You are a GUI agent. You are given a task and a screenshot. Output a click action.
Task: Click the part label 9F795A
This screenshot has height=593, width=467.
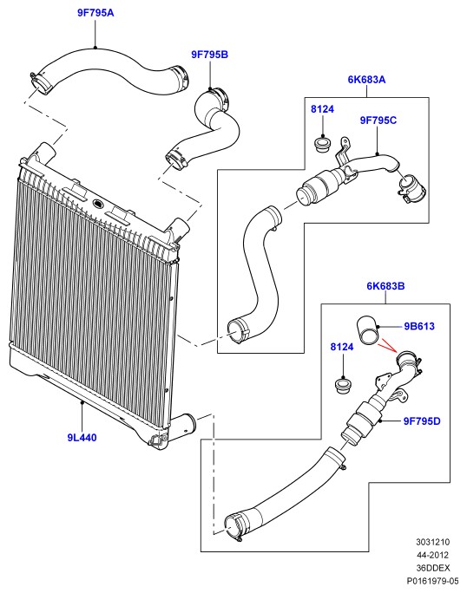point(95,13)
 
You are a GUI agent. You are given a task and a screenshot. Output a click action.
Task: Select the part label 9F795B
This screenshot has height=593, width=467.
point(209,55)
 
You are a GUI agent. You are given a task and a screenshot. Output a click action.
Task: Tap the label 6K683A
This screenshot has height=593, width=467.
point(366,80)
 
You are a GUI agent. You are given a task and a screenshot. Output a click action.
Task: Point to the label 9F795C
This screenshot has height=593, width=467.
point(378,121)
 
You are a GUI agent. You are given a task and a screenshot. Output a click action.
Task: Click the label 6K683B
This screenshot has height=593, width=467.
point(385,286)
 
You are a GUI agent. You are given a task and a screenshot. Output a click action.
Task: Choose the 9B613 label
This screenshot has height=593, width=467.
point(419,326)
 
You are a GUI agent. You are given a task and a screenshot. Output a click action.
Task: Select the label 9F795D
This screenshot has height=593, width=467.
point(422,421)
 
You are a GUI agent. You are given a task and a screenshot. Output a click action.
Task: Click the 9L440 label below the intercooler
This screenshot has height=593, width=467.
point(82,438)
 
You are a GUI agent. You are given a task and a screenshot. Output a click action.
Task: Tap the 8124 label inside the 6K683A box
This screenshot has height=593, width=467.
point(322,109)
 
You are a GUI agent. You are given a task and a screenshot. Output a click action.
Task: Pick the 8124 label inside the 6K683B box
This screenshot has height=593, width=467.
point(342,347)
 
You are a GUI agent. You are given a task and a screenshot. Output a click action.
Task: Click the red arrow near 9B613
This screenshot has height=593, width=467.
point(388,345)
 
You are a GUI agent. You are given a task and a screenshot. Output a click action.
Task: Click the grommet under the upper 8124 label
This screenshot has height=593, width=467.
point(324,146)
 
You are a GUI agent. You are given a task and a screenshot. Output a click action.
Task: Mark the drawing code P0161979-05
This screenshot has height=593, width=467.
point(432,581)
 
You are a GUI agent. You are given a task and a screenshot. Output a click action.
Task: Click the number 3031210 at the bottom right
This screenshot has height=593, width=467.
point(433,542)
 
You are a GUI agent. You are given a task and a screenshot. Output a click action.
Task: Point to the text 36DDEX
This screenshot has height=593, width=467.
point(433,568)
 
